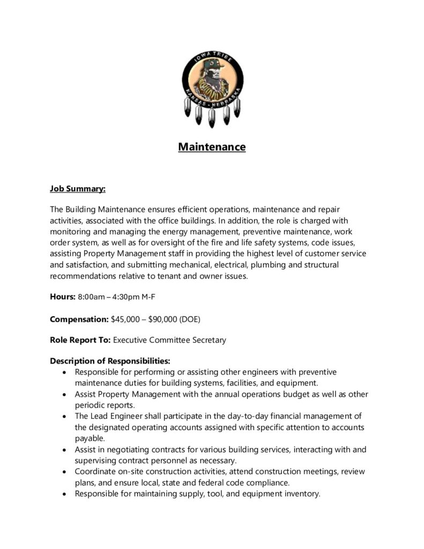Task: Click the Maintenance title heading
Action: click(212, 146)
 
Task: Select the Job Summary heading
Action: click(78, 189)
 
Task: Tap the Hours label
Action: click(63, 296)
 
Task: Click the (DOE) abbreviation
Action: click(190, 319)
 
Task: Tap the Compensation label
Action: click(79, 319)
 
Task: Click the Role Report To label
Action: click(80, 340)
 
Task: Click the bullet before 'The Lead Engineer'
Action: click(65, 417)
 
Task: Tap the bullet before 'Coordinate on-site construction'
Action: click(65, 472)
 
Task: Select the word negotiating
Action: click(125, 449)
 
